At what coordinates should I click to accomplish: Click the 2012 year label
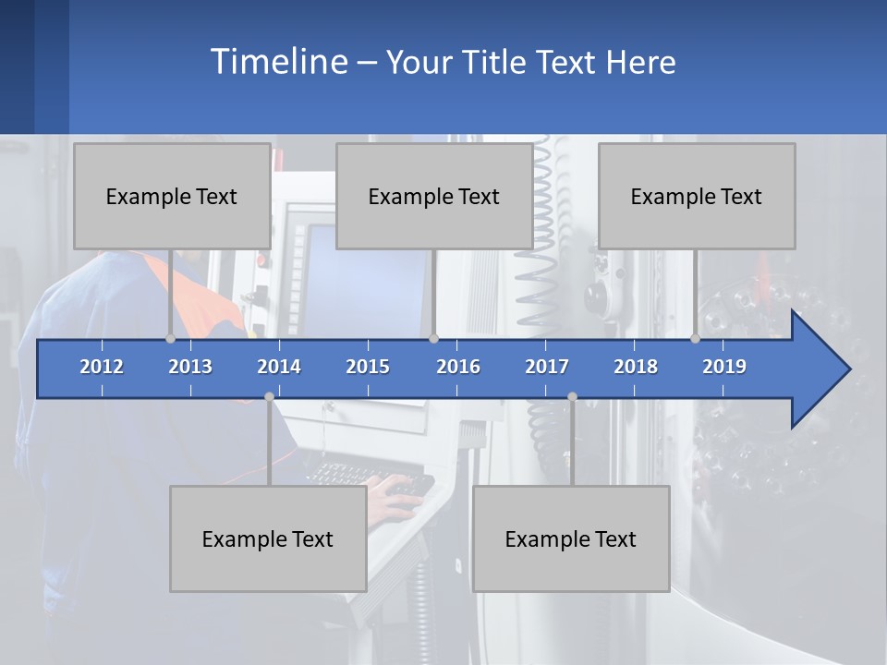[102, 367]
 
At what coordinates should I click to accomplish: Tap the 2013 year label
[190, 367]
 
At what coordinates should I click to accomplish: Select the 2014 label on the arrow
[279, 367]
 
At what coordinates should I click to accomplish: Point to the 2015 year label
[368, 367]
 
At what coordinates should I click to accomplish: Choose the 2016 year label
[458, 367]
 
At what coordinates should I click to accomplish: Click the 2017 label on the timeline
[547, 367]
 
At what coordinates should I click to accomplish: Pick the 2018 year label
[636, 367]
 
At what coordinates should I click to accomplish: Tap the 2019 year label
[724, 367]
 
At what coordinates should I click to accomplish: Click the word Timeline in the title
[277, 62]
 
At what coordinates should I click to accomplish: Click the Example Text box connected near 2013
[172, 196]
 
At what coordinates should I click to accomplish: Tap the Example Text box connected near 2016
[434, 196]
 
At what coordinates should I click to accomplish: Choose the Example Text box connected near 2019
[697, 196]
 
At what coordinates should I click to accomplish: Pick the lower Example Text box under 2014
[268, 538]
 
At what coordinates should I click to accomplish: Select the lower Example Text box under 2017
[571, 538]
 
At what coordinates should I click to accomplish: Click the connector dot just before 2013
[171, 338]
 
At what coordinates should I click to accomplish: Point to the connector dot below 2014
[269, 396]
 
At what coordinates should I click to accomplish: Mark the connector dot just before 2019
[695, 338]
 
